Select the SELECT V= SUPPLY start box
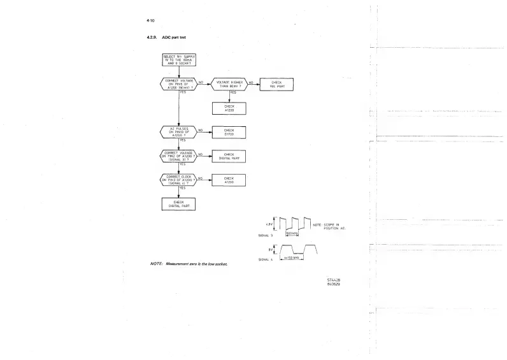[x=179, y=61]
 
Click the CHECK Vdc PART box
[x=276, y=85]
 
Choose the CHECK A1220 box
[x=229, y=108]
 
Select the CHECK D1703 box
[x=229, y=133]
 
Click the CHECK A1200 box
[x=229, y=180]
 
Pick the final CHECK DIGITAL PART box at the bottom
[x=179, y=204]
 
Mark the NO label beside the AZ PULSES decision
[x=201, y=129]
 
